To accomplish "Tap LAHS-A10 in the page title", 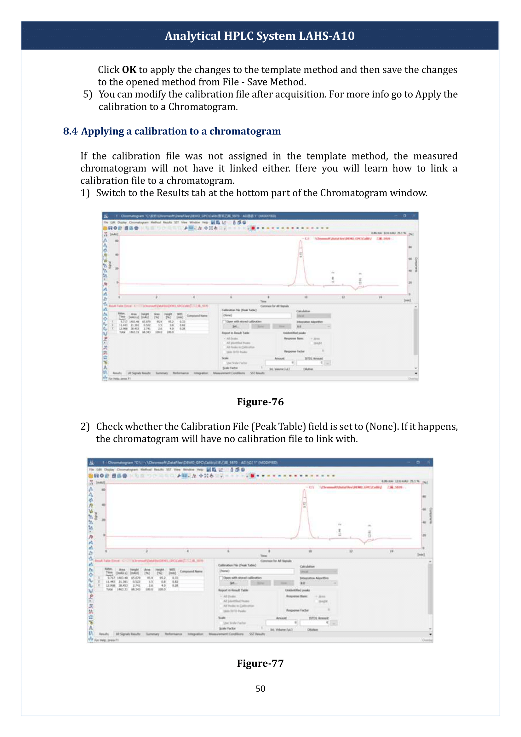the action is (327, 36).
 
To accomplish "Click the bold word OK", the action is (129, 70).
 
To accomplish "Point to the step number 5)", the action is (88, 95).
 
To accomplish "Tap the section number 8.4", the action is (70, 131).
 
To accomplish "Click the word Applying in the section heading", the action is (102, 131).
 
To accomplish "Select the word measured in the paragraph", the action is (435, 156).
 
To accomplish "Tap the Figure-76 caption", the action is (260, 402).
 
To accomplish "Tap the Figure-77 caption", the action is (260, 663).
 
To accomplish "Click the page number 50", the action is (260, 688).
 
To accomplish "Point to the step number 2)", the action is (85, 427).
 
